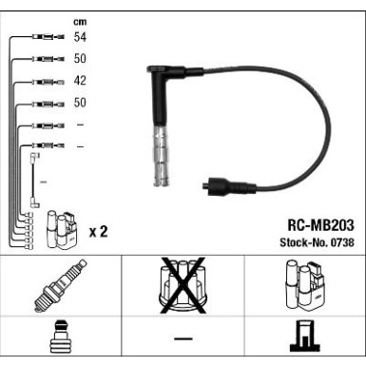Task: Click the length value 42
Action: (80, 80)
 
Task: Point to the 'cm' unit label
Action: (79, 19)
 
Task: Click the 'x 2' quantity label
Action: (98, 231)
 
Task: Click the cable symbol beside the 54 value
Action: (43, 36)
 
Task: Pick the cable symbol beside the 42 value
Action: (43, 81)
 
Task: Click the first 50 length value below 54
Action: (80, 58)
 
